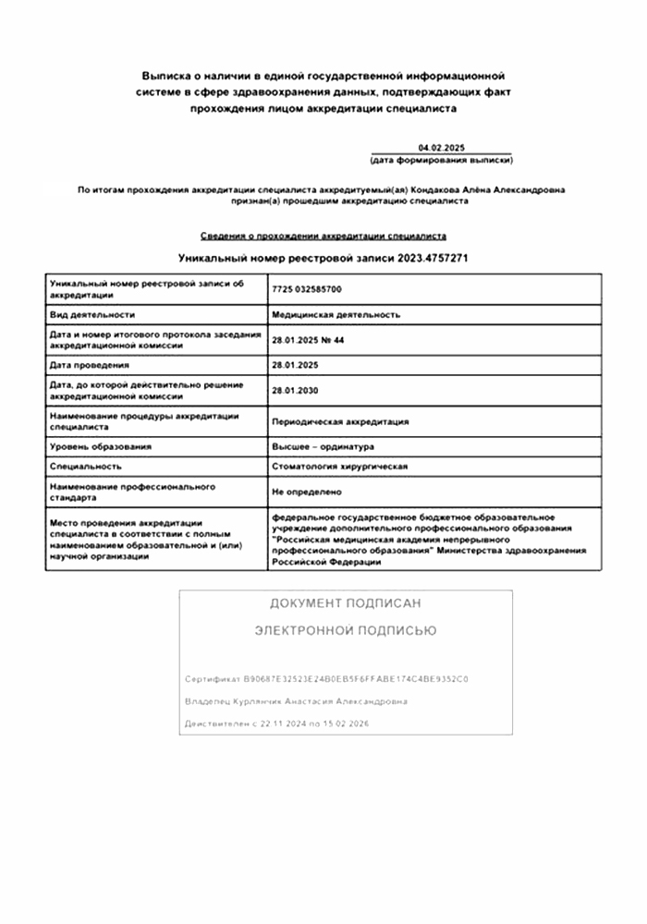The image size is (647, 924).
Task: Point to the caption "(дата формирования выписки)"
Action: point(440,160)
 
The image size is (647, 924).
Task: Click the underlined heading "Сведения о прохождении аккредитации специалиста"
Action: point(323,237)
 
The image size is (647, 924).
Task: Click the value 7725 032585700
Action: point(306,289)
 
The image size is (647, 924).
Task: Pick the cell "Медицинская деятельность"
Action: point(336,315)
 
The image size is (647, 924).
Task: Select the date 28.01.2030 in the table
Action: point(295,391)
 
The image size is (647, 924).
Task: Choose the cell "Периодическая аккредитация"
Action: point(339,421)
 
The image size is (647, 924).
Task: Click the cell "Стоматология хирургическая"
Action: point(339,468)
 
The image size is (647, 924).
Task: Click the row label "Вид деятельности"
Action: point(92,315)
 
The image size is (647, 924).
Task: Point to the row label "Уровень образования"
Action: point(101,447)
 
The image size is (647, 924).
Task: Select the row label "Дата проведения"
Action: point(90,366)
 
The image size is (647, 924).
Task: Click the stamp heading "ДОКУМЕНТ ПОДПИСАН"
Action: point(345,603)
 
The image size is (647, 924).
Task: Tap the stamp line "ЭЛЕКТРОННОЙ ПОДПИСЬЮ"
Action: point(345,631)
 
